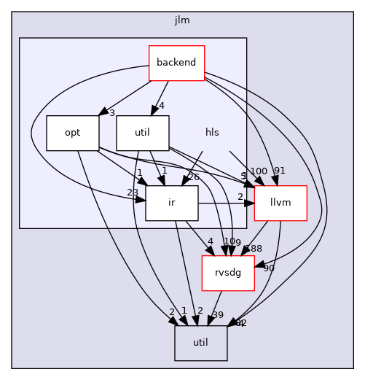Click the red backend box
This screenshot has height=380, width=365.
click(x=176, y=63)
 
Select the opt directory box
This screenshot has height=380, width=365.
click(x=73, y=133)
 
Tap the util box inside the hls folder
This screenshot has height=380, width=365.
click(x=143, y=133)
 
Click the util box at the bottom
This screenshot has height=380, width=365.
click(x=201, y=343)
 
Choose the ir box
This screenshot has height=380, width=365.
click(x=172, y=203)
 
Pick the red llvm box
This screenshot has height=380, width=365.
click(x=280, y=203)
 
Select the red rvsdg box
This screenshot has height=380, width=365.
click(x=227, y=273)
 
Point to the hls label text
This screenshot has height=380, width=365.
click(x=212, y=133)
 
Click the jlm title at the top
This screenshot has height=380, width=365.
click(x=182, y=20)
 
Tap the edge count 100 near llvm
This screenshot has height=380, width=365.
click(x=258, y=171)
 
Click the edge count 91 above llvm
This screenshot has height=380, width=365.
click(x=280, y=171)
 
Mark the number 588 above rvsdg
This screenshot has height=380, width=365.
click(x=253, y=249)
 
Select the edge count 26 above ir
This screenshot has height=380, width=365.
click(x=193, y=176)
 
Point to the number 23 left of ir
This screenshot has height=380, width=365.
click(x=133, y=193)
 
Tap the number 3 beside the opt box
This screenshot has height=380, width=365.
click(x=112, y=112)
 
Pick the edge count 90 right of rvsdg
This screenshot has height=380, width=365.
click(x=269, y=268)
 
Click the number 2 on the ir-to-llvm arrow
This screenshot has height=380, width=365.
click(x=240, y=196)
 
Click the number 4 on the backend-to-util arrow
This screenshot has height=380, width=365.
click(x=162, y=105)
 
